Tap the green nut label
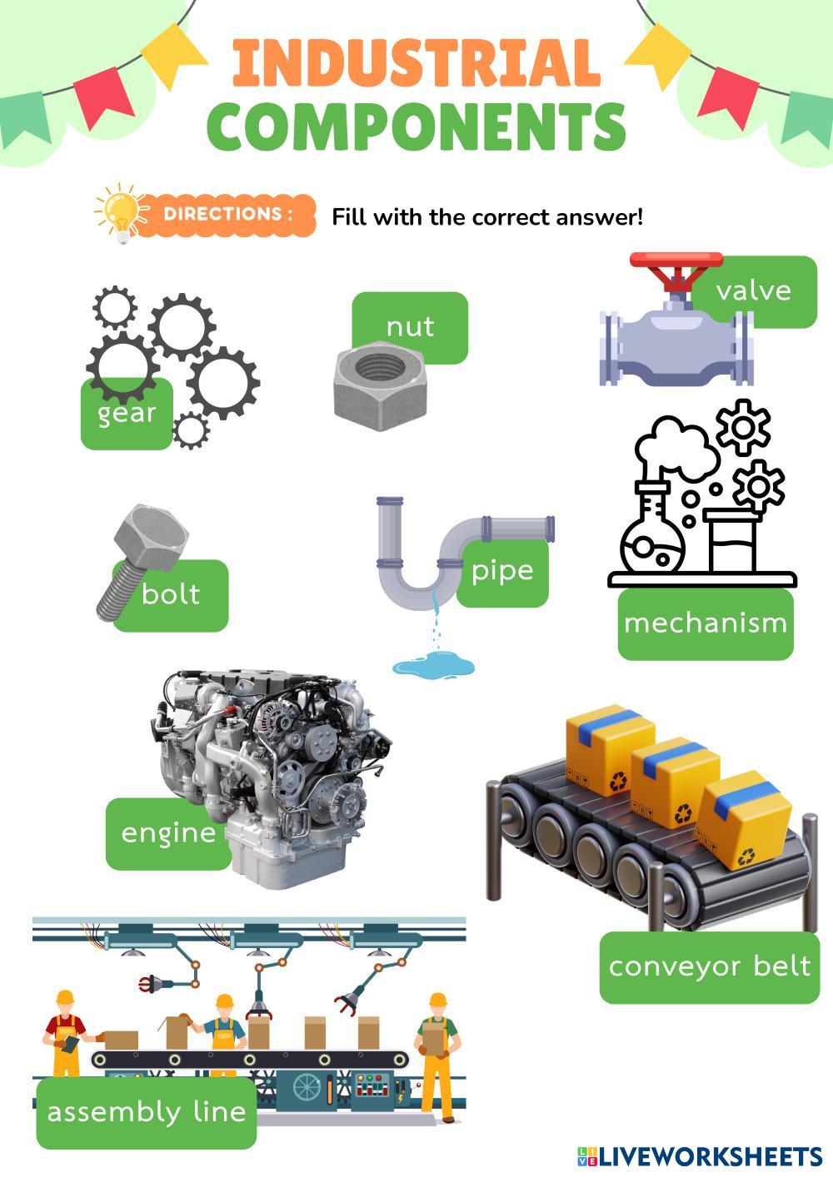click(x=410, y=325)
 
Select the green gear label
click(x=127, y=414)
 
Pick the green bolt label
click(x=172, y=594)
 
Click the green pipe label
click(x=502, y=571)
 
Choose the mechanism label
click(x=706, y=623)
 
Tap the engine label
click(x=168, y=833)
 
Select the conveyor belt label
click(x=710, y=966)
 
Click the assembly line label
click(x=147, y=1112)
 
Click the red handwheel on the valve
click(x=676, y=261)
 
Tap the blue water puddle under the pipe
click(x=433, y=666)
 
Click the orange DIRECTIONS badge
click(x=227, y=214)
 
